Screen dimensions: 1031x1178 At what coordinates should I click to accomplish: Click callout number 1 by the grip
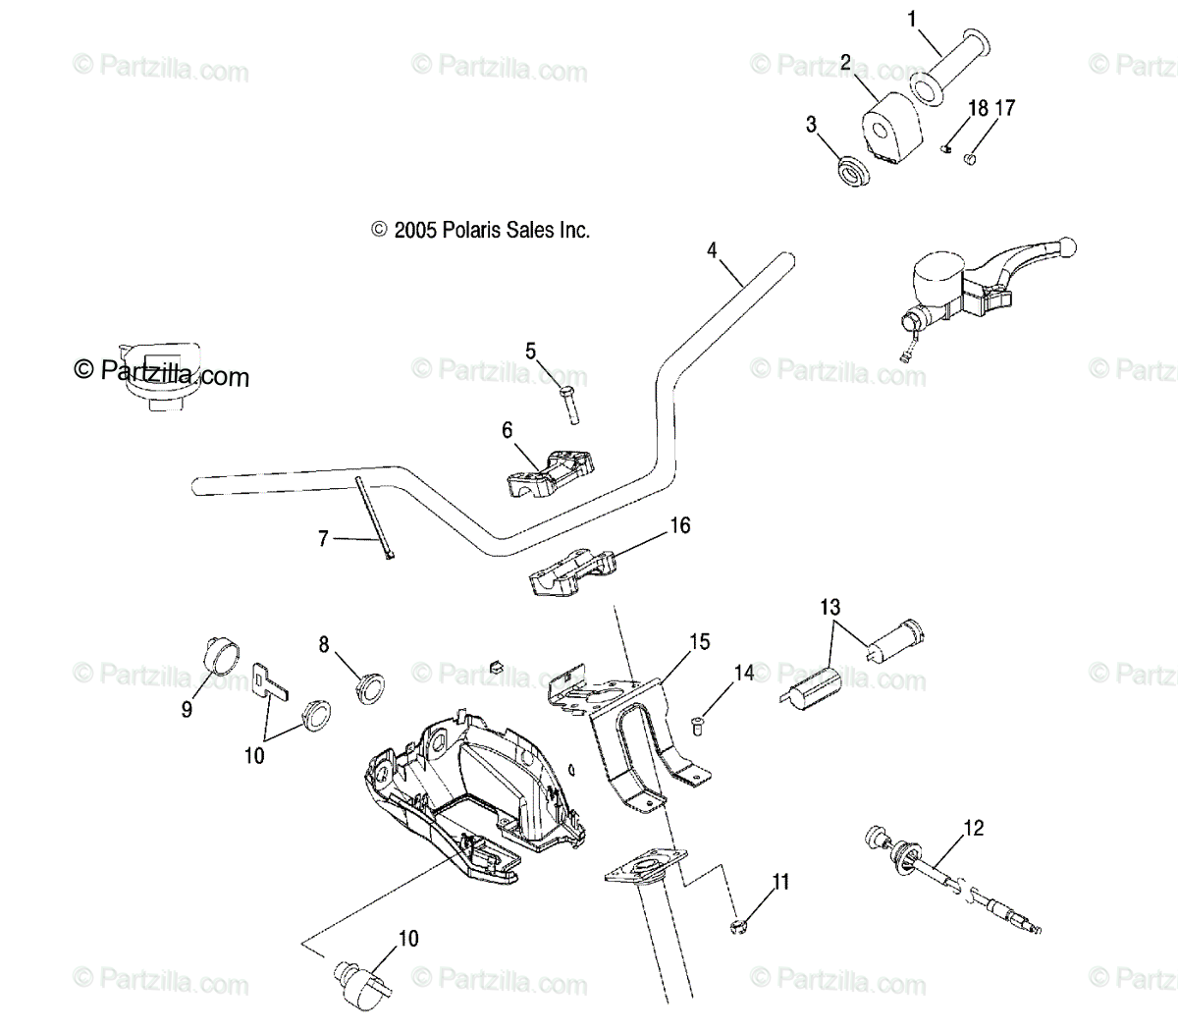click(x=912, y=19)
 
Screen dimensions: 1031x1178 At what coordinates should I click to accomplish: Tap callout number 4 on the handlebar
click(x=712, y=250)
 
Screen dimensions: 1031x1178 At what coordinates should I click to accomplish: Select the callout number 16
click(x=679, y=526)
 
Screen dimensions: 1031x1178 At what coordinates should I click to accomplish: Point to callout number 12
click(x=972, y=829)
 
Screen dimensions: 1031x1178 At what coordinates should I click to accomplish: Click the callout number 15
click(x=699, y=642)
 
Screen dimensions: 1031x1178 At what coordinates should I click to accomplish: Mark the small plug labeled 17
click(x=972, y=156)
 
